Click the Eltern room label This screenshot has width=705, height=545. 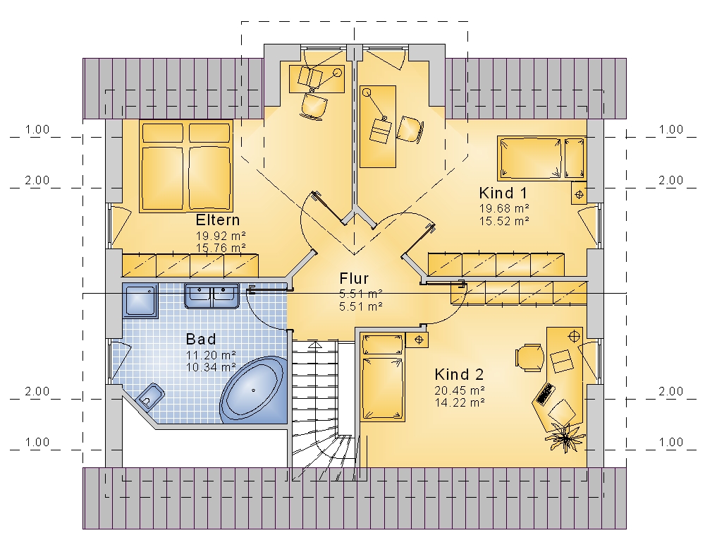218,220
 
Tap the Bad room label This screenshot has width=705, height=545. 201,339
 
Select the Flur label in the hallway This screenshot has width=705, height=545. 354,278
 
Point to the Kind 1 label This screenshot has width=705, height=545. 503,193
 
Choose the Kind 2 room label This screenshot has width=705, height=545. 459,374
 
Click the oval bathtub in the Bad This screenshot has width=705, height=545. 254,390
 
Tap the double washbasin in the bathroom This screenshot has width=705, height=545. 211,296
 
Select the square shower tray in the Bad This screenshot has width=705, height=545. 140,301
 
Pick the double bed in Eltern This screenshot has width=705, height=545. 185,166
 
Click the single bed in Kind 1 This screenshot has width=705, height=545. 541,159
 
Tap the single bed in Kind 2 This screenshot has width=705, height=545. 382,378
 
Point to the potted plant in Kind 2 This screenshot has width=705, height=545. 565,436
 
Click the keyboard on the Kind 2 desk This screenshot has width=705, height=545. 544,393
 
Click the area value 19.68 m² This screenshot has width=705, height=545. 504,208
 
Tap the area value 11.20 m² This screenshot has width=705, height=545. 211,355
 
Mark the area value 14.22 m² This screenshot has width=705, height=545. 460,402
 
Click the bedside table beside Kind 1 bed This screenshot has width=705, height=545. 579,194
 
